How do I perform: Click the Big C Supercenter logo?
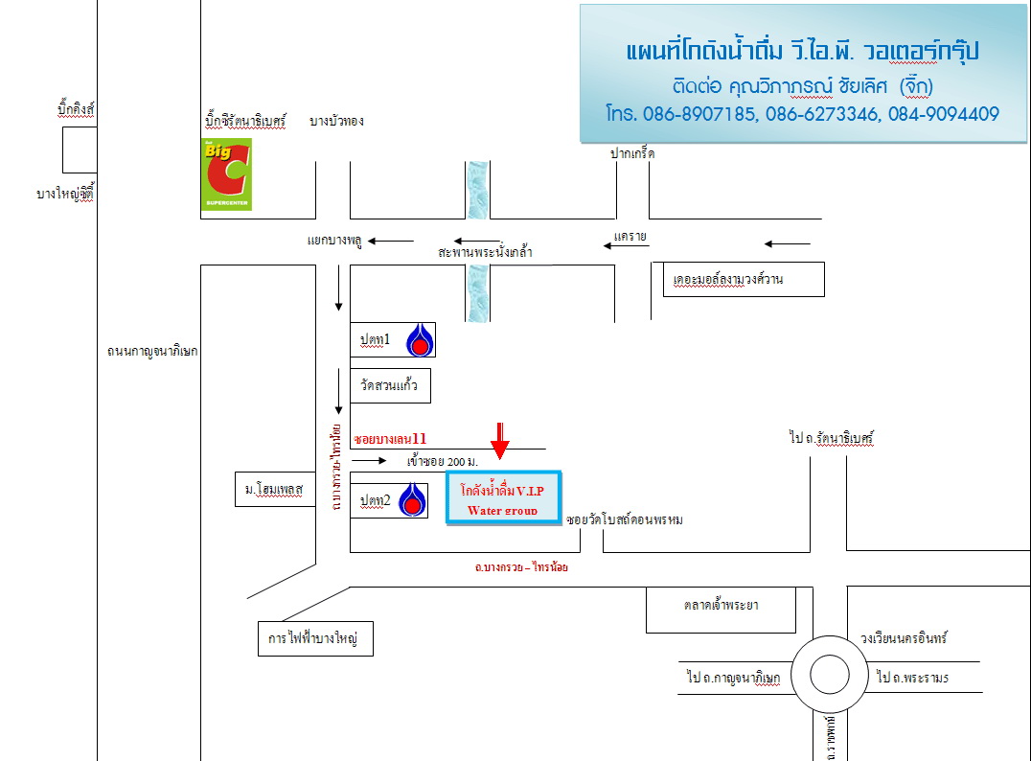click(x=226, y=174)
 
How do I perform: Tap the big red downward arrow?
click(x=499, y=440)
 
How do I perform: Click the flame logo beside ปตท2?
click(x=412, y=499)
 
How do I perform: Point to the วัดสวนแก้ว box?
click(x=390, y=385)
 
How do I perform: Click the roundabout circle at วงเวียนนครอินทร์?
click(x=829, y=675)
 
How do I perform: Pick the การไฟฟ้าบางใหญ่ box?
click(x=314, y=637)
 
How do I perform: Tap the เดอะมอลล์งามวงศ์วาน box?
click(x=743, y=279)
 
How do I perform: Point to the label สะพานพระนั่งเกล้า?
click(x=485, y=252)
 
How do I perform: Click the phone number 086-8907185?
click(x=693, y=114)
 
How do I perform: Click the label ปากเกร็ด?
click(x=632, y=153)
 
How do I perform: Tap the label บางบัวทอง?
click(x=337, y=122)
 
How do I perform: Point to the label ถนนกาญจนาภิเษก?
click(x=152, y=351)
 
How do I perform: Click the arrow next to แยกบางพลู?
click(x=392, y=241)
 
